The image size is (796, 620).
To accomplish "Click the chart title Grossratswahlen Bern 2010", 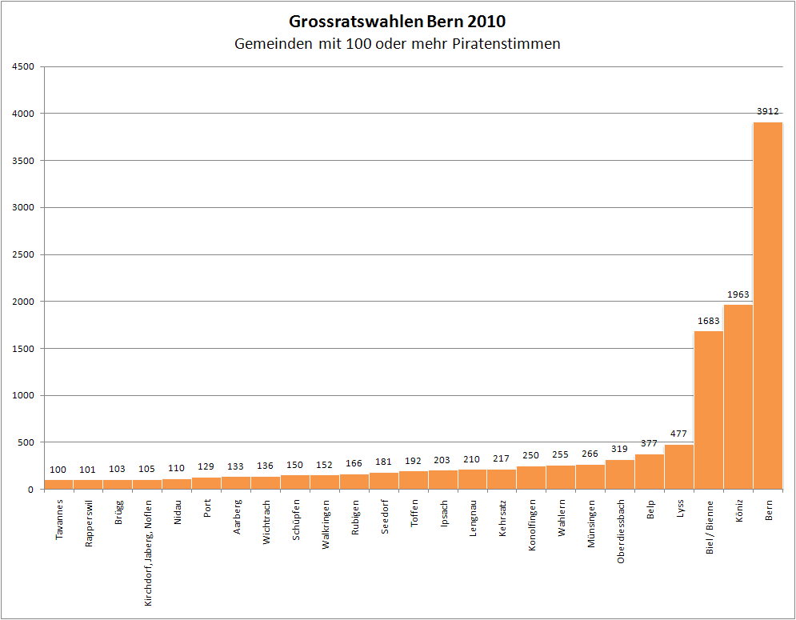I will pos(398,21).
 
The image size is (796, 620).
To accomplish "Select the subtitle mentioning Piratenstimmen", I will pos(398,44).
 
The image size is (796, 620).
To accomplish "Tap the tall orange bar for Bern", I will pos(768,304).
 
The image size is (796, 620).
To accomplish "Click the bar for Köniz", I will pos(738,396).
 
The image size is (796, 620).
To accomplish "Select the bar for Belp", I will pos(650,472).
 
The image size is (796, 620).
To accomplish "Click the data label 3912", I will pos(768,111).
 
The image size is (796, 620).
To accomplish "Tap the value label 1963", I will pos(738,294).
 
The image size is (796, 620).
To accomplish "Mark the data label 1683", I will pos(709,321).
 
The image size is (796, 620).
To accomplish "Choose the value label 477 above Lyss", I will pos(679,434).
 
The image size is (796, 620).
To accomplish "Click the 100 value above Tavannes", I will pos(58,470).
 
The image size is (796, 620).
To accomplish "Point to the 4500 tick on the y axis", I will pos(23,66).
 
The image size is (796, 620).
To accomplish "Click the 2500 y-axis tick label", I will pos(23,254).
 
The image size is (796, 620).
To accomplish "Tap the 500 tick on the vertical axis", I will pos(26,442).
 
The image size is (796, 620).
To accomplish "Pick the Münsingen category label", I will pos(591,524).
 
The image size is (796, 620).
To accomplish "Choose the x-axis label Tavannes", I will pos(59,521).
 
